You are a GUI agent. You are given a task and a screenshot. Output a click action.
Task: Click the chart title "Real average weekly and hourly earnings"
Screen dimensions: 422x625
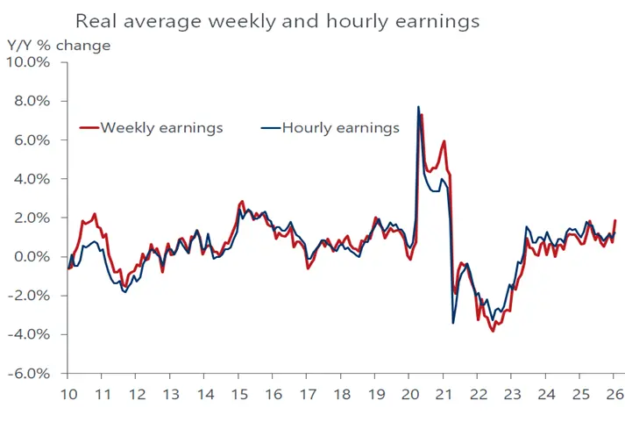[x=277, y=20]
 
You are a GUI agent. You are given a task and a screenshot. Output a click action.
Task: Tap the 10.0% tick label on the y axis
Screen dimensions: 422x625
[x=30, y=62]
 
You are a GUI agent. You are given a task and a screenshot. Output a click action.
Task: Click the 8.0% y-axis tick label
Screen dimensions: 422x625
[x=33, y=101]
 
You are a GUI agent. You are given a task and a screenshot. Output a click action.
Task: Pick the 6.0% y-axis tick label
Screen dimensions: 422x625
[x=33, y=140]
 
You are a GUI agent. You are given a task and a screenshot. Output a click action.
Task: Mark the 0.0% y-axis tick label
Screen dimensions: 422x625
[x=33, y=257]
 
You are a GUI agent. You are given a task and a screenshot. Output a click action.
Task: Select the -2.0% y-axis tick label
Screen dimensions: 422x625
[x=32, y=296]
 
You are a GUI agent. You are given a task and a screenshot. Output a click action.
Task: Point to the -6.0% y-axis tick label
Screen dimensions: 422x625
[x=32, y=373]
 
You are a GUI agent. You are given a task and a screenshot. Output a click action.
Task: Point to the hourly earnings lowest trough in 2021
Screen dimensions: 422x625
[x=453, y=323]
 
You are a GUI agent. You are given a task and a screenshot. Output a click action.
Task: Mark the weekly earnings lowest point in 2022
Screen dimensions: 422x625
[x=494, y=331]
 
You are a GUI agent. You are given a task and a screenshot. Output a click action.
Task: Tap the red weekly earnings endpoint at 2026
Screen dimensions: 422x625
[x=615, y=220]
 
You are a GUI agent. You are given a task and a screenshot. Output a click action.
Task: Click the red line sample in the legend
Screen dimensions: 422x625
[x=89, y=128]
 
